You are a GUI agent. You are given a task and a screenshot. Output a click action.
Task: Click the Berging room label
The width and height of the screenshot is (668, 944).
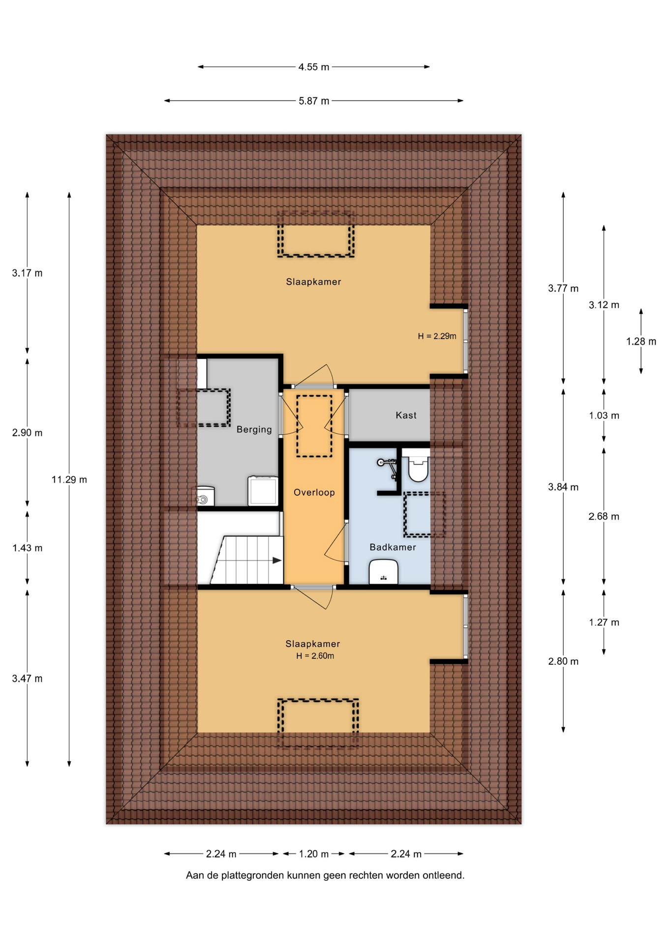click(254, 429)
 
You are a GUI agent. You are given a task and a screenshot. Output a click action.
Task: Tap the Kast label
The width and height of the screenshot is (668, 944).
click(406, 415)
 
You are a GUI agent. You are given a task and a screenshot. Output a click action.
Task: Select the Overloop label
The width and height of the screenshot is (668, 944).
click(314, 492)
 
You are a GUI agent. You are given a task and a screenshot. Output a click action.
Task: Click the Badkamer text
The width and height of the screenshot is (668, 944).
click(393, 547)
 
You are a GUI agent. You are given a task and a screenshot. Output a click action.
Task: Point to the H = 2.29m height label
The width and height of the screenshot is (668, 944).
click(437, 336)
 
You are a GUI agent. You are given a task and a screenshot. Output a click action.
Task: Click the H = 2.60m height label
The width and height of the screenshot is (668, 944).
click(315, 656)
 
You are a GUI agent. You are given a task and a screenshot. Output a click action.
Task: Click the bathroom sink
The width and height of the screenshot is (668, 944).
click(383, 572)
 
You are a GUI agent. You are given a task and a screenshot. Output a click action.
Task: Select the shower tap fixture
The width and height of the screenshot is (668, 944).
click(388, 466)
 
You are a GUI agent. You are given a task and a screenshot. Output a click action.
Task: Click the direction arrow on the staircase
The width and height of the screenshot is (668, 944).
click(277, 560)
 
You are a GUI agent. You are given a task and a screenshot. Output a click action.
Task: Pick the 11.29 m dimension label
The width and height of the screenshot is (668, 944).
click(69, 479)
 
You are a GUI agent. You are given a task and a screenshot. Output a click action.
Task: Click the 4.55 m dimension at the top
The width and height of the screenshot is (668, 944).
click(314, 67)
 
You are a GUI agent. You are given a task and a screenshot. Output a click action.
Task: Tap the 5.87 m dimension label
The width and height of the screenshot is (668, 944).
click(314, 101)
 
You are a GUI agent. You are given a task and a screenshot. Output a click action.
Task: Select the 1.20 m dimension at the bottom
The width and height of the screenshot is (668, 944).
click(314, 854)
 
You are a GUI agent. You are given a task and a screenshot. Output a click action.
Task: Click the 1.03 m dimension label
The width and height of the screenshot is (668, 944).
click(604, 415)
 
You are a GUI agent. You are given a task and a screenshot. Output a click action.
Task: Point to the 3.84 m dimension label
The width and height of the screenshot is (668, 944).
click(563, 487)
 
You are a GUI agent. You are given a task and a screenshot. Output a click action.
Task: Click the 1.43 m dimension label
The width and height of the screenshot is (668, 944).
click(28, 548)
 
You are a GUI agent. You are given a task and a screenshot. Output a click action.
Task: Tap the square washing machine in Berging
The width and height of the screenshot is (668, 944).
click(263, 491)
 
